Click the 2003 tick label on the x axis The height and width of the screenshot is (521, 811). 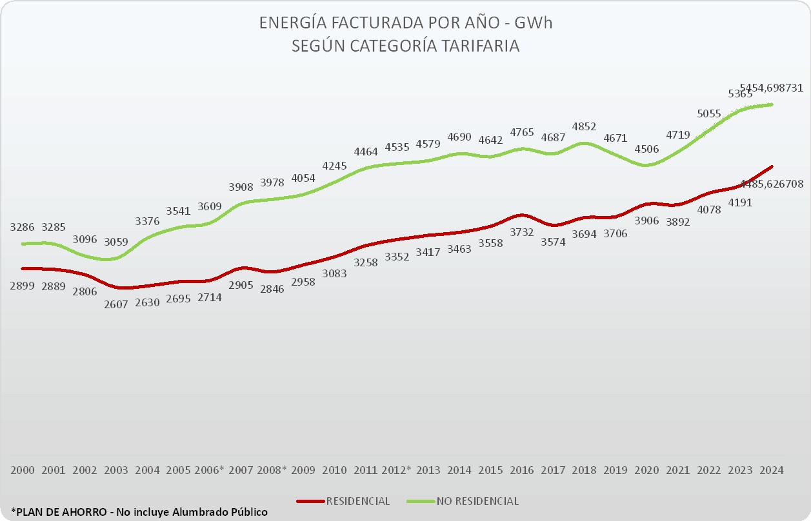pyautogui.click(x=116, y=470)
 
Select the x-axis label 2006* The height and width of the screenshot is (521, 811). pyautogui.click(x=209, y=470)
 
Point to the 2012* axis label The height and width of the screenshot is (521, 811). pyautogui.click(x=396, y=470)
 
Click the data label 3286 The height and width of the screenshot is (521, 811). pyautogui.click(x=23, y=227)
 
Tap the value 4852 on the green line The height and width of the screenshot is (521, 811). pyautogui.click(x=584, y=126)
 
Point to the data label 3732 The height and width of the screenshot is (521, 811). pyautogui.click(x=521, y=231)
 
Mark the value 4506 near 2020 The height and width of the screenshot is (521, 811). pyautogui.click(x=646, y=149)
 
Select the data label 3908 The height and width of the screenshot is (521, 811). pyautogui.click(x=241, y=187)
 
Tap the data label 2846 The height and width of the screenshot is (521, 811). pyautogui.click(x=272, y=288)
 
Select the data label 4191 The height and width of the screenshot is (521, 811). pyautogui.click(x=740, y=202)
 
